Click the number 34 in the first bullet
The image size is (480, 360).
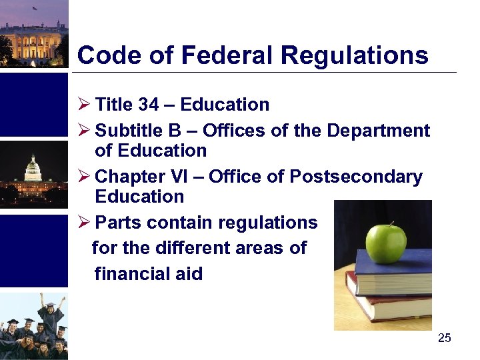click(x=149, y=105)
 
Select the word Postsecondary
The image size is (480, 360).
click(x=356, y=177)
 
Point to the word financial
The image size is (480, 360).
click(x=133, y=273)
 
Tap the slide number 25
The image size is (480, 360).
click(x=445, y=339)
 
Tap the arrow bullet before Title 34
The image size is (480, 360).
click(x=84, y=105)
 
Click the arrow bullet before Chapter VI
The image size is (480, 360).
click(x=84, y=177)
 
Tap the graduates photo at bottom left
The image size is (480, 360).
click(x=33, y=327)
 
